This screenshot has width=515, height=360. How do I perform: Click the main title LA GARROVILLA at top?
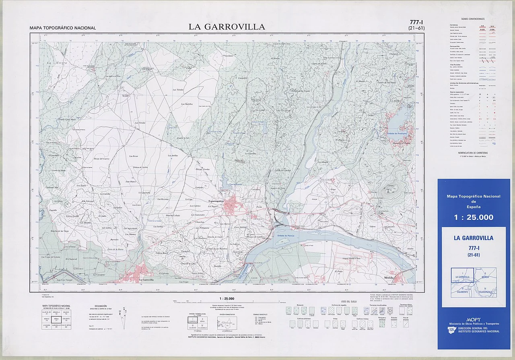click(x=227, y=27)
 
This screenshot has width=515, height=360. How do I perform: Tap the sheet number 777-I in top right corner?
click(x=415, y=22)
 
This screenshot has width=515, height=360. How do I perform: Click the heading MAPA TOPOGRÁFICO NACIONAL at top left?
click(x=63, y=28)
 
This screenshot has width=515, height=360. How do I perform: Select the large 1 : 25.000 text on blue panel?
click(x=474, y=217)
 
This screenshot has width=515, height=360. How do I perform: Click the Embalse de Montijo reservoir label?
click(x=286, y=236)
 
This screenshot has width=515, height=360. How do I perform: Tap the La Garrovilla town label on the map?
click(x=147, y=279)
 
